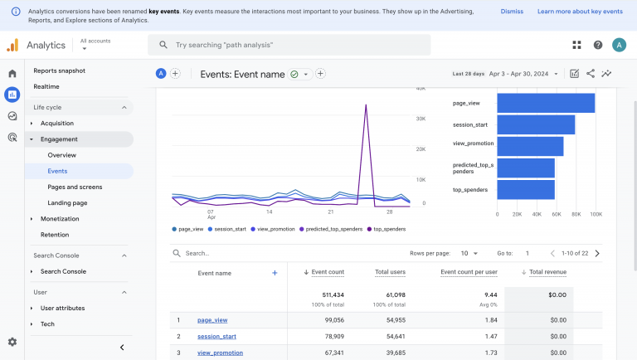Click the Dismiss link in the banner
(512, 12)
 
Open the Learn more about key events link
(580, 12)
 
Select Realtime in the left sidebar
(46, 86)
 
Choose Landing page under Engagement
(67, 202)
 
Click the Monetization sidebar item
(60, 219)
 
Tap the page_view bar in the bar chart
(546, 103)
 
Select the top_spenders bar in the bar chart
(526, 190)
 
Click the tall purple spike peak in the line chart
(366, 105)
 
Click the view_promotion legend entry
(275, 229)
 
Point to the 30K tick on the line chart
(421, 119)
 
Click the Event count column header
(327, 272)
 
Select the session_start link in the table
(216, 336)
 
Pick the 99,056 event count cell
(328, 319)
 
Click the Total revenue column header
(547, 272)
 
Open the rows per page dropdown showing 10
(469, 253)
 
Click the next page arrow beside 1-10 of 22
(597, 253)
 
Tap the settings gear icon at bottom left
(12, 342)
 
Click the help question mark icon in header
(598, 45)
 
